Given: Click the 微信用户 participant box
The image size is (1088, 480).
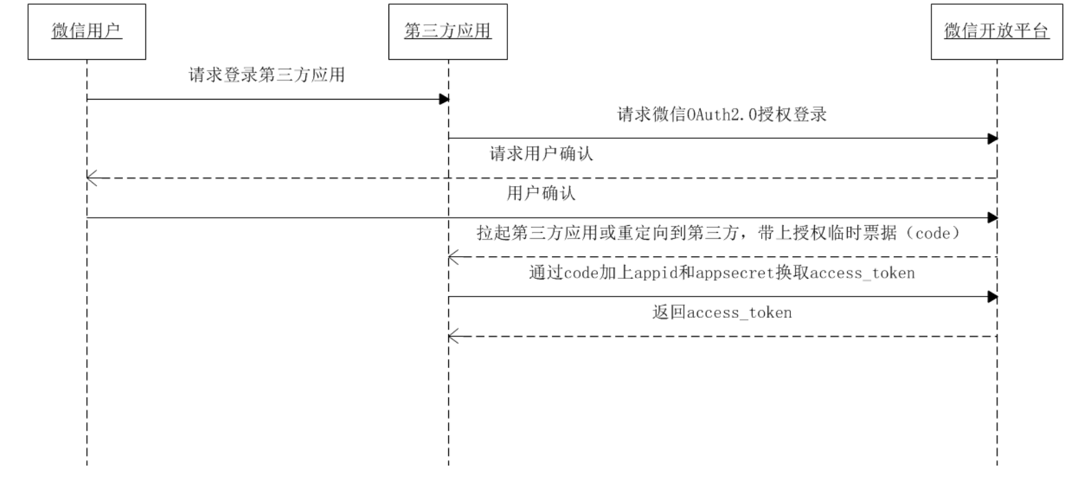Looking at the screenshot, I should pos(86,32).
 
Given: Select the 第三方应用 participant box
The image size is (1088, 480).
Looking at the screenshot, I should pos(448,32).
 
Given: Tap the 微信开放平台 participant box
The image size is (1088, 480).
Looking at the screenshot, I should pos(996,32).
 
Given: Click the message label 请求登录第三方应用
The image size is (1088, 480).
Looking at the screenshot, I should pos(266,75).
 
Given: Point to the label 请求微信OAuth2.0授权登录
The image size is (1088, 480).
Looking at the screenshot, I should pos(721,115).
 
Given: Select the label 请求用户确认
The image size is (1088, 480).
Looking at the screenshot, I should pos(541,154).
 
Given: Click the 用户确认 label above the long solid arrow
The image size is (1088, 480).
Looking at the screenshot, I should pos(541,194).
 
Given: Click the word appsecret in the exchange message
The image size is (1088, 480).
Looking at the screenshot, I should pos(734,273).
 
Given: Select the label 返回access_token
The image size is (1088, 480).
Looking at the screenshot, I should pos(721,313).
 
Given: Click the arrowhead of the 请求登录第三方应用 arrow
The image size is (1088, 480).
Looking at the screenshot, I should pos(444,100).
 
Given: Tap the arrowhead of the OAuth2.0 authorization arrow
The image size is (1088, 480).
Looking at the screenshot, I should pos(993,139).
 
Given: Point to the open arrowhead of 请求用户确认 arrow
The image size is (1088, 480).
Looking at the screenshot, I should pos(92,179).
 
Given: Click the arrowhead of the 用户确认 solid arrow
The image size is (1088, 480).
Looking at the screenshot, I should pos(993,218).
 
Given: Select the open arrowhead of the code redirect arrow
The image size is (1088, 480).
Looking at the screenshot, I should pos(454,258).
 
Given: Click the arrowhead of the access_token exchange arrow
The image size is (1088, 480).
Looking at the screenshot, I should pos(993,297).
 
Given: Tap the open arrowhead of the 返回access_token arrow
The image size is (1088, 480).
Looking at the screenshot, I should pos(454,336).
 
